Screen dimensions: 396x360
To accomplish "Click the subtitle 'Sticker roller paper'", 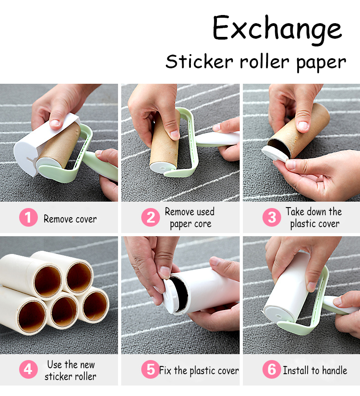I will [x=256, y=61].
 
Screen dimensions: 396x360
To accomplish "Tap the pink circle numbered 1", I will [x=28, y=218].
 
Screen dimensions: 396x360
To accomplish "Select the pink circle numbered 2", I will [x=150, y=218].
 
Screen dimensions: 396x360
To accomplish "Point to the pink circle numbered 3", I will [x=272, y=218].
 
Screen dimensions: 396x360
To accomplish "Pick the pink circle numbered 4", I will [x=28, y=370].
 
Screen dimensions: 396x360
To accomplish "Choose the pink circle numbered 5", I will [x=150, y=370].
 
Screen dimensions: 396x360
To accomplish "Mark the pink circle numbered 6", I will [x=272, y=370].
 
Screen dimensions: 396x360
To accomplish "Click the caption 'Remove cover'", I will [x=70, y=219].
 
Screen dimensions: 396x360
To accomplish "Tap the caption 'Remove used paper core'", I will [x=190, y=218].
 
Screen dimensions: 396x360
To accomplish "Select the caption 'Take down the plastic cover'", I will [x=314, y=218].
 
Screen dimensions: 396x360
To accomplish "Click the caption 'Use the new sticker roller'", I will [x=71, y=370].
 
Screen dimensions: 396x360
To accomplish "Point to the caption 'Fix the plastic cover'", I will [x=199, y=371].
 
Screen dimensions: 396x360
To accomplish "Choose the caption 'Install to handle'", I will [x=315, y=371].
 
